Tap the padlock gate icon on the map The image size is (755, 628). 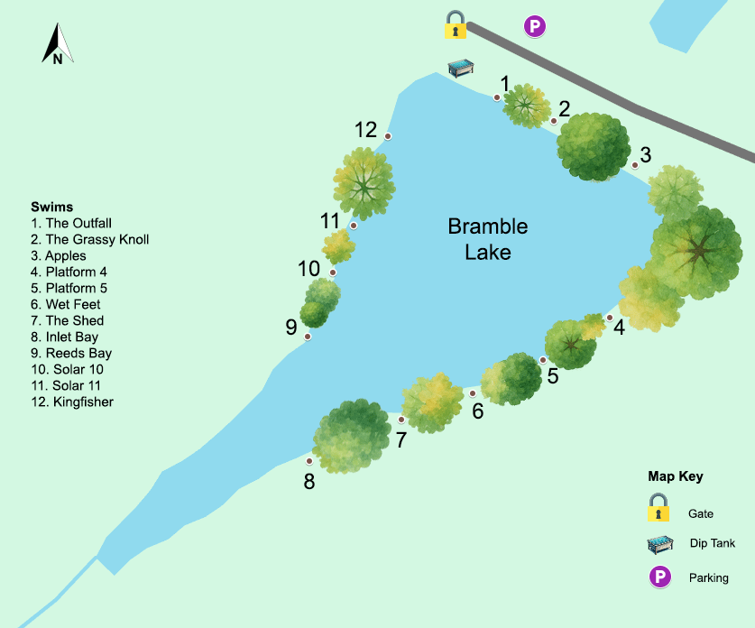point(456,25)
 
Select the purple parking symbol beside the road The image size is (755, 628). point(535,27)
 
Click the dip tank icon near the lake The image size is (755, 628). point(462,68)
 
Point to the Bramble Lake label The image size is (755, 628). point(488,239)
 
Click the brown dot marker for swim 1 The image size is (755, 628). point(497,97)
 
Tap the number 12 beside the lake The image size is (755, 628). point(365,130)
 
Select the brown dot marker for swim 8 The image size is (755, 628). point(309,461)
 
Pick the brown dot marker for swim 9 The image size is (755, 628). point(308,337)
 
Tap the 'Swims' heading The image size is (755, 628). point(51,207)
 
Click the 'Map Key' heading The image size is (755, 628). point(675,476)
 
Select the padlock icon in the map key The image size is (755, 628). point(658,507)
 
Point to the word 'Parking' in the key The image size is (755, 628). point(708,577)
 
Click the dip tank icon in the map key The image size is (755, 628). point(660,543)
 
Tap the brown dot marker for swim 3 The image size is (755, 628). point(635,165)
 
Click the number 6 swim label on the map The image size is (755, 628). point(478,411)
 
